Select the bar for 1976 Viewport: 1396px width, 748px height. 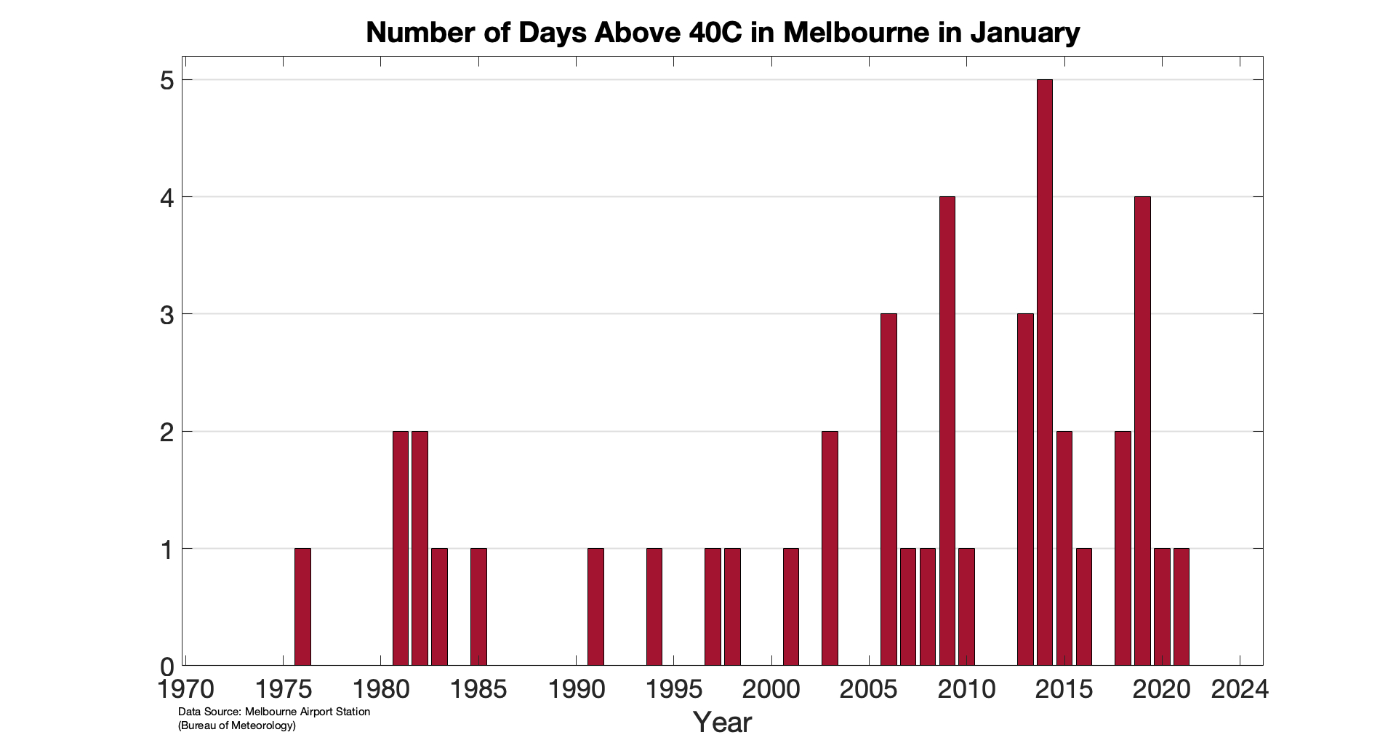[302, 606]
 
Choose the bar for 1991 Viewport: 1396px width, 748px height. [595, 606]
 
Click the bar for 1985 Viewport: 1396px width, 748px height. [478, 606]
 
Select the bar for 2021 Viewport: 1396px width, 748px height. [1181, 606]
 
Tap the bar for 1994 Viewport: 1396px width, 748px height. [654, 606]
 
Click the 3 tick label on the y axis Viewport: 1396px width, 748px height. [167, 315]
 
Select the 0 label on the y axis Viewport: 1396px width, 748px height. [167, 667]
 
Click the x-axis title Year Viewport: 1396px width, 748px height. [722, 723]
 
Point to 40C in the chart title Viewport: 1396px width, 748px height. [715, 33]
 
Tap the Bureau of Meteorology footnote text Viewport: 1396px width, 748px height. [237, 725]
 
